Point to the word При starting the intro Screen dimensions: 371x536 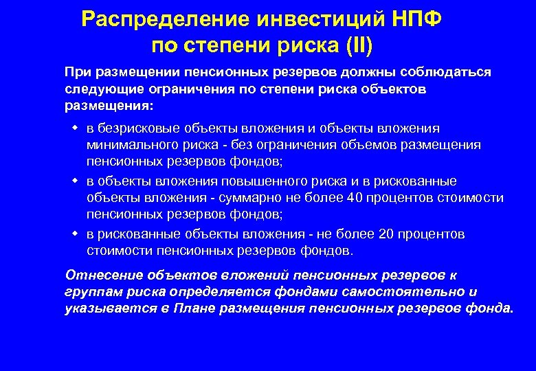(77, 73)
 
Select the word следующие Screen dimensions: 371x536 (99, 89)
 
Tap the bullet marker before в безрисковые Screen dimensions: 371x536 (75, 128)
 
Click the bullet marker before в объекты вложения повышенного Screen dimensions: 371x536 (75, 181)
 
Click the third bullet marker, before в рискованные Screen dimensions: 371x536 (75, 234)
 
